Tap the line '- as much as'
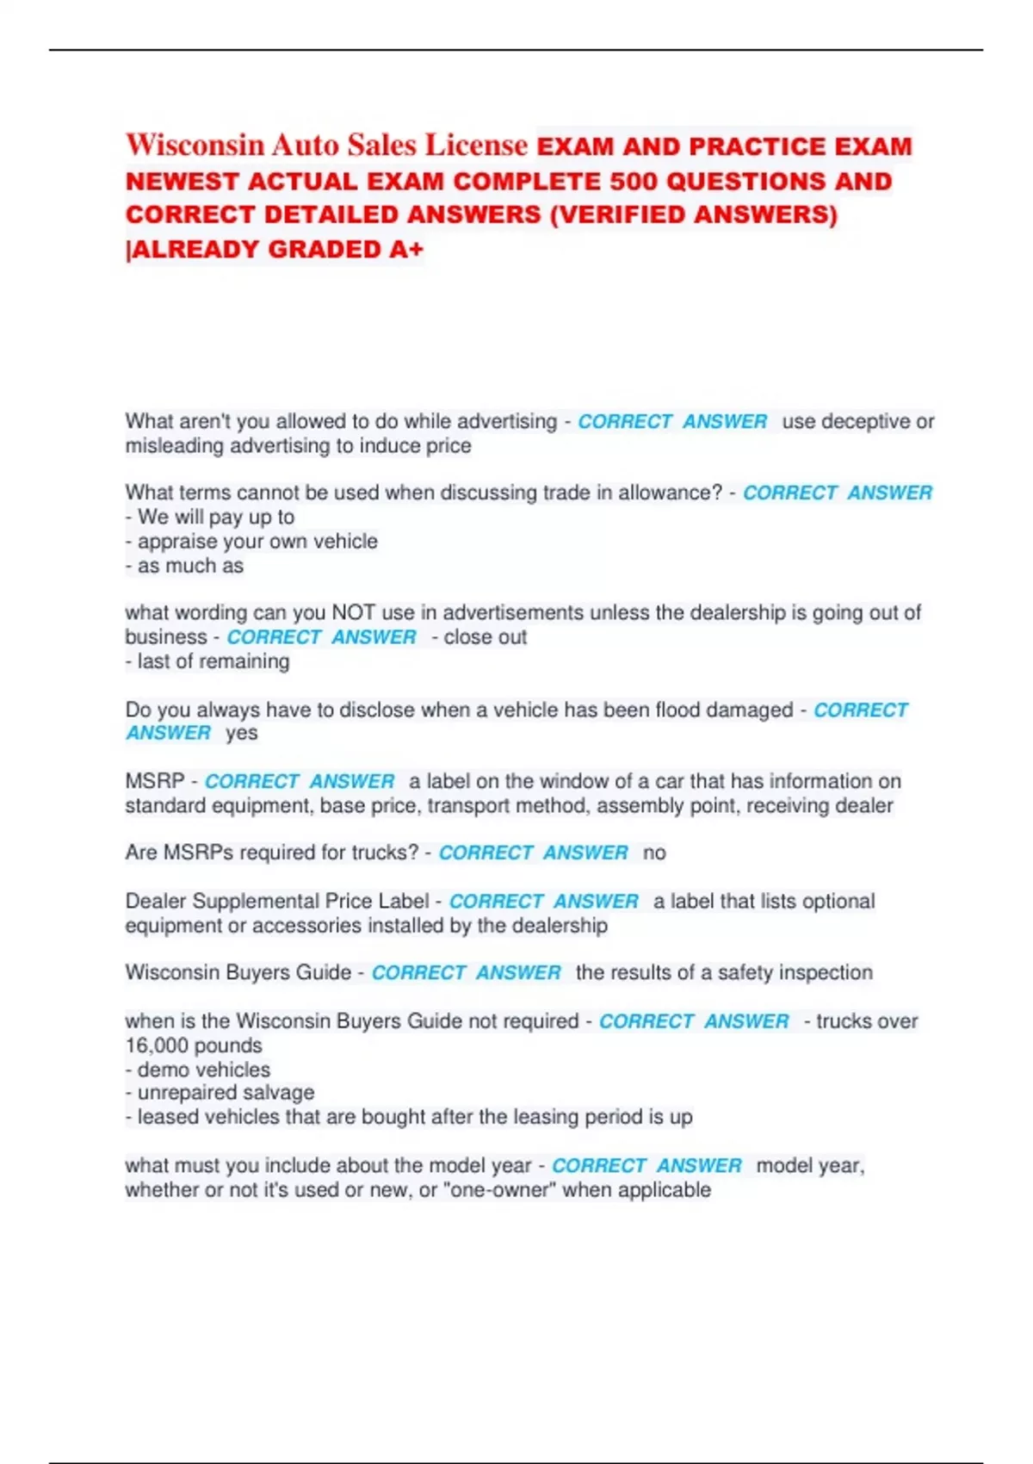tap(184, 566)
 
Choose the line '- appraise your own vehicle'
tap(251, 541)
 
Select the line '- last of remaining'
tap(207, 661)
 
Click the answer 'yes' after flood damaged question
tap(242, 733)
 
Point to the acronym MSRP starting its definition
tap(154, 781)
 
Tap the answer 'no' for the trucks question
tap(654, 853)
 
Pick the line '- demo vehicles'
tap(198, 1070)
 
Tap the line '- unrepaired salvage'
tap(220, 1093)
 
